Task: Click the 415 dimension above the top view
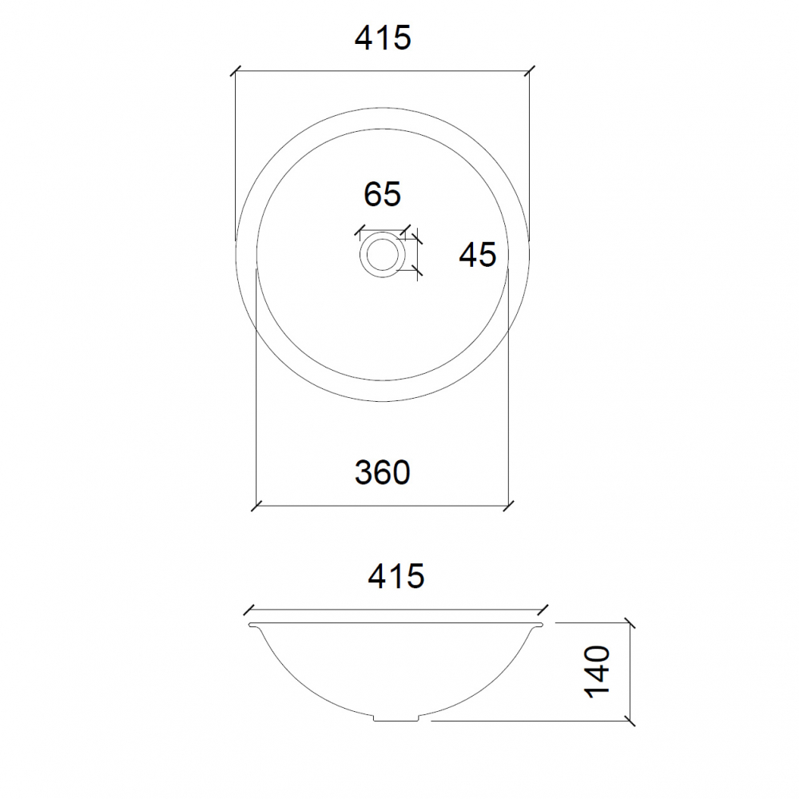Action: pos(383,38)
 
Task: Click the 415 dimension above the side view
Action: pos(396,575)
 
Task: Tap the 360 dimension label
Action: pos(383,473)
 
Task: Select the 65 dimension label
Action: pos(382,194)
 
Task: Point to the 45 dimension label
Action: pos(478,255)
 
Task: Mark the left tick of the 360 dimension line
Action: pos(255,505)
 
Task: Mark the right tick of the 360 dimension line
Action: pos(510,505)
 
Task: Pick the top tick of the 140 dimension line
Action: pos(630,622)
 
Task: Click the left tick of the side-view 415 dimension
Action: pos(249,609)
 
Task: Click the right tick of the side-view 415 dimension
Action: pos(543,609)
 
